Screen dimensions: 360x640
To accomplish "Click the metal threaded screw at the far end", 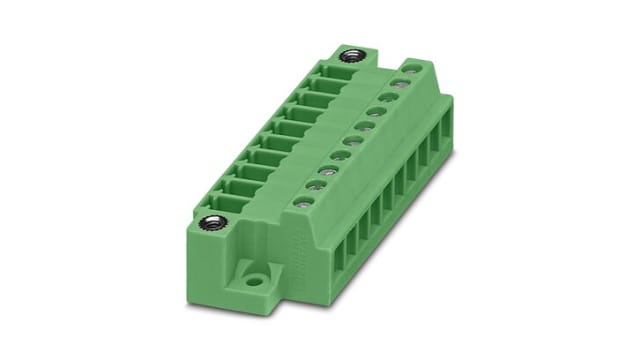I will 350,54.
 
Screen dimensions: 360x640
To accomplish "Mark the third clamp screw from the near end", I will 323,171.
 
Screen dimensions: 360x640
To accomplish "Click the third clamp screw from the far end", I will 383,100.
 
